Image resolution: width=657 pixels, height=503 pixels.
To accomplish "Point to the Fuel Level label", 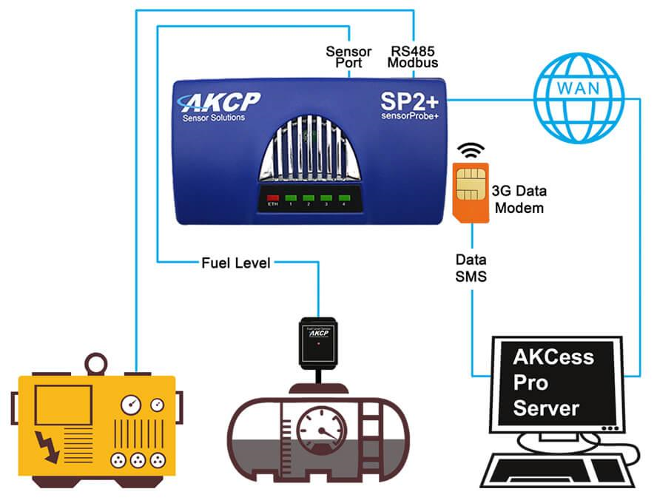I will [x=235, y=263].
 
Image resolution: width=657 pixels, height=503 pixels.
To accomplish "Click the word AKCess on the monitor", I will [x=554, y=357].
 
